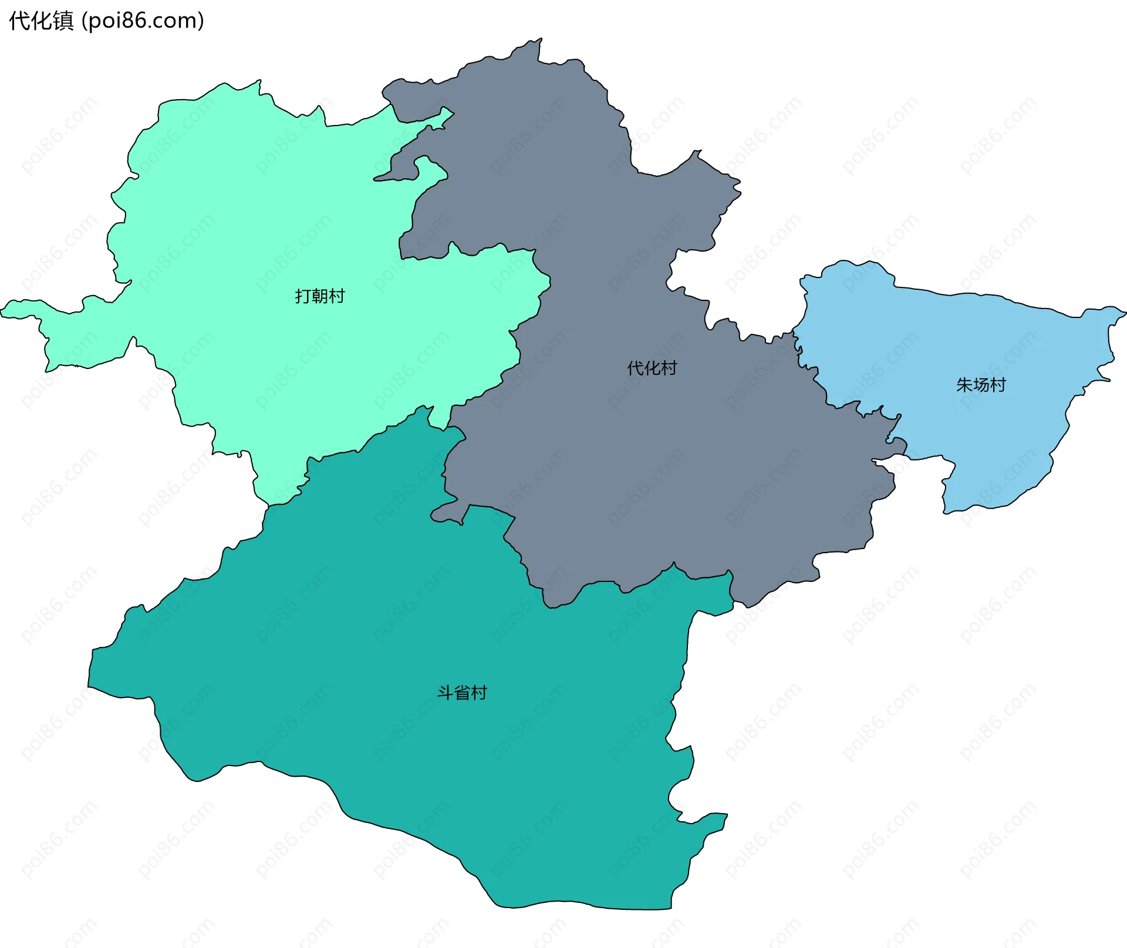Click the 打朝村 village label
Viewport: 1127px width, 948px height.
pos(319,296)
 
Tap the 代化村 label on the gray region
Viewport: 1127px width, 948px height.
pos(652,368)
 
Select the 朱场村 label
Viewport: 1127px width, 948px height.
pos(981,385)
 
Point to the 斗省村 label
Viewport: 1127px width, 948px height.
pos(462,693)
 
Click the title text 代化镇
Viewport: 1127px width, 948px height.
pos(41,21)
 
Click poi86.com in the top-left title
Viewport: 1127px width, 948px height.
pos(143,21)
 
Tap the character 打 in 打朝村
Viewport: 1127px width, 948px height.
pos(303,296)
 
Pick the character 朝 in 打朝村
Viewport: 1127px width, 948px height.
pos(320,296)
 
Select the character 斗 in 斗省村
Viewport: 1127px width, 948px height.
pos(446,693)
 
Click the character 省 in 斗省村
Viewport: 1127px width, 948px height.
pos(463,693)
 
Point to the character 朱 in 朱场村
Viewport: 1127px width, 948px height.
pos(964,385)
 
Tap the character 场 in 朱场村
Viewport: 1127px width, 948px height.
pos(981,385)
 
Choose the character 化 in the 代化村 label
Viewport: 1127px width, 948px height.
pos(652,368)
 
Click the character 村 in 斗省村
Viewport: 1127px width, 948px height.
pos(479,693)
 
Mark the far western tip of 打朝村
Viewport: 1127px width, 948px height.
pos(2,311)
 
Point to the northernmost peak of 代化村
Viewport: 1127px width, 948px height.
pos(540,39)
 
